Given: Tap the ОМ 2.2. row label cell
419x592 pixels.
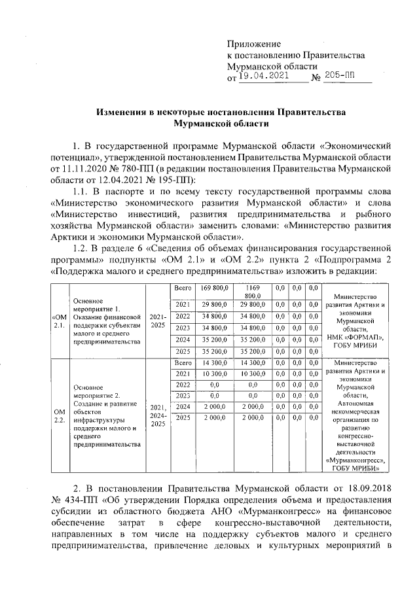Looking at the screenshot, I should click(x=58, y=415).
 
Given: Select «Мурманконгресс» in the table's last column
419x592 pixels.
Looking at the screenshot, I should click(x=355, y=461).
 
